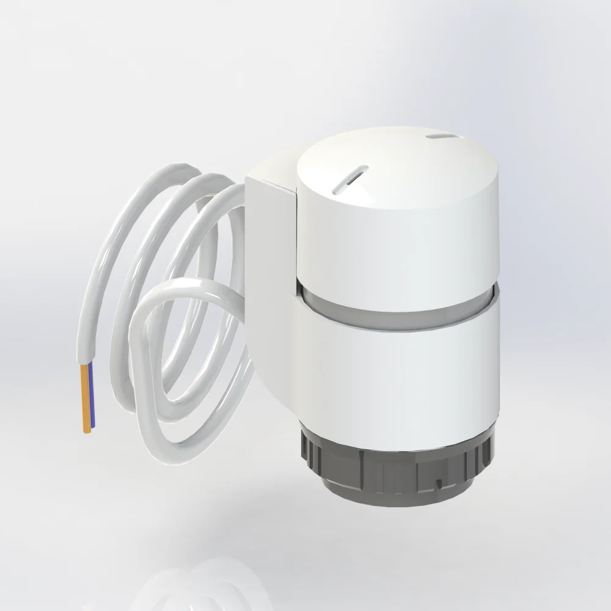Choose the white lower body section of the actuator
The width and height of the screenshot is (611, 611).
(397, 367)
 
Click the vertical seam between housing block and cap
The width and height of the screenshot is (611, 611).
(297, 232)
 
